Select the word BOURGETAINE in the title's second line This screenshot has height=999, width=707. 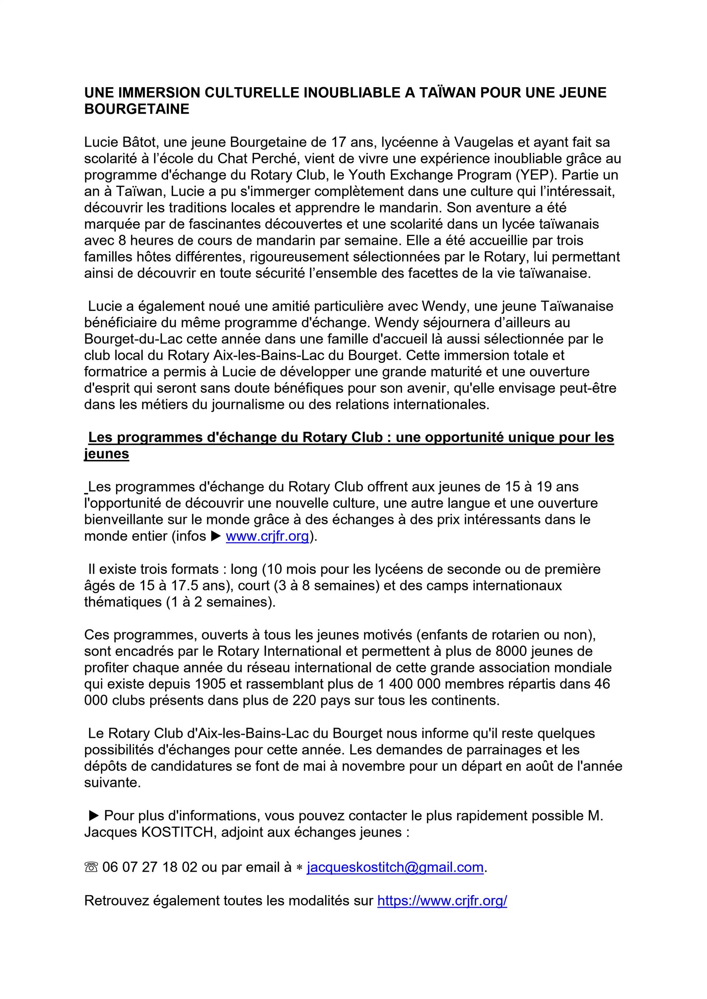coord(137,109)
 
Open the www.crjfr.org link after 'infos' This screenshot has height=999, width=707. coord(267,536)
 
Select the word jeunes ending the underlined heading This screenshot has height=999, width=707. coord(107,454)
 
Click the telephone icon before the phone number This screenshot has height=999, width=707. coord(91,867)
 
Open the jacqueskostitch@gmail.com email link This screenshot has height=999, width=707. coord(395,867)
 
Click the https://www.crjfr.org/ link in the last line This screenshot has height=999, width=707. coord(442,900)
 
